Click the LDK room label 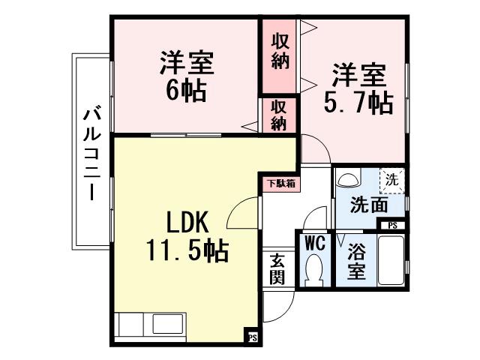190,222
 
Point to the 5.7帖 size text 358,103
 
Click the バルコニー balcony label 92,154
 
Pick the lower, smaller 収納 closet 279,115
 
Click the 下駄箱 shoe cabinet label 280,182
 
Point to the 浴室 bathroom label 356,261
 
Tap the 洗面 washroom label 368,204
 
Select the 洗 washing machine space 391,179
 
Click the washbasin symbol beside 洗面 346,181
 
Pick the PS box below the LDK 253,337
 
